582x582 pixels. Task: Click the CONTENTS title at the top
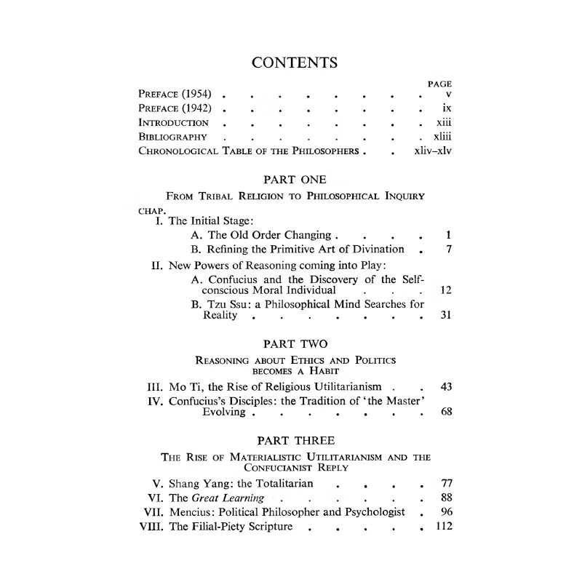(x=294, y=63)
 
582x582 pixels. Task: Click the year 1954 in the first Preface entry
(x=199, y=95)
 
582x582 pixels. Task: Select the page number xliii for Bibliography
(x=442, y=137)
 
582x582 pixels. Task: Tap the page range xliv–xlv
(x=433, y=151)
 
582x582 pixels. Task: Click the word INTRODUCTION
(x=174, y=123)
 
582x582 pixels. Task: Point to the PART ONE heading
(x=295, y=179)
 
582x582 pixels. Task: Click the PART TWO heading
(x=295, y=342)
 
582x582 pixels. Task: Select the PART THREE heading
(x=295, y=440)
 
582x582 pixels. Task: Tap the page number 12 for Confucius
(x=447, y=290)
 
